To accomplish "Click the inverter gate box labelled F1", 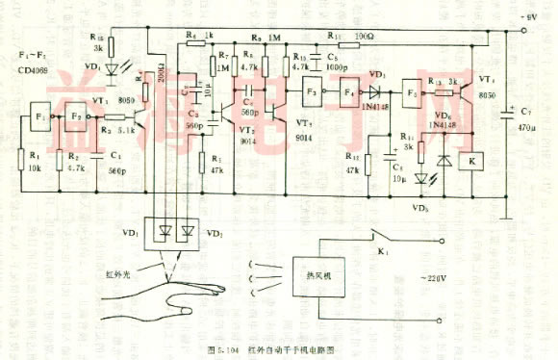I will point(39,117).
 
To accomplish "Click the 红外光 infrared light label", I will point(118,272).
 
